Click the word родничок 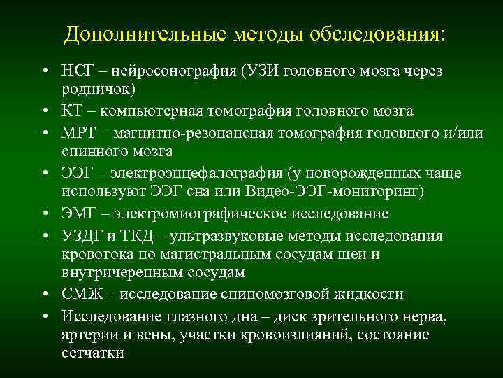click(94, 90)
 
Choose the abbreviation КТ click(72, 111)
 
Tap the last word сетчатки click(92, 353)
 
